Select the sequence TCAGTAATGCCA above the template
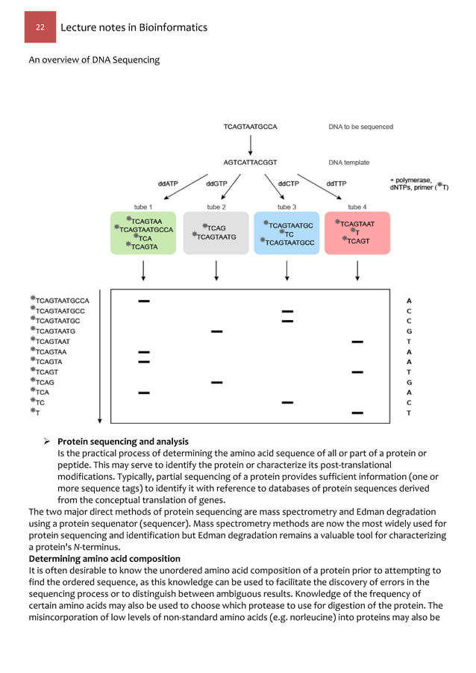pos(250,127)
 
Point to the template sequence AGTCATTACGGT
pos(250,162)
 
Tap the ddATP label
pos(168,183)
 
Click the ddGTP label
pos(217,183)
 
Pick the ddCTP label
pos(289,183)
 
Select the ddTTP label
pos(336,183)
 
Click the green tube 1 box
pos(142,234)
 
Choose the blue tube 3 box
pos(286,234)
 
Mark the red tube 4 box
pos(357,234)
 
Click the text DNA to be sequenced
pos(360,127)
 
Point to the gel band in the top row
pos(144,301)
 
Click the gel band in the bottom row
pos(357,412)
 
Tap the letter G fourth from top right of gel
pos(409,331)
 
